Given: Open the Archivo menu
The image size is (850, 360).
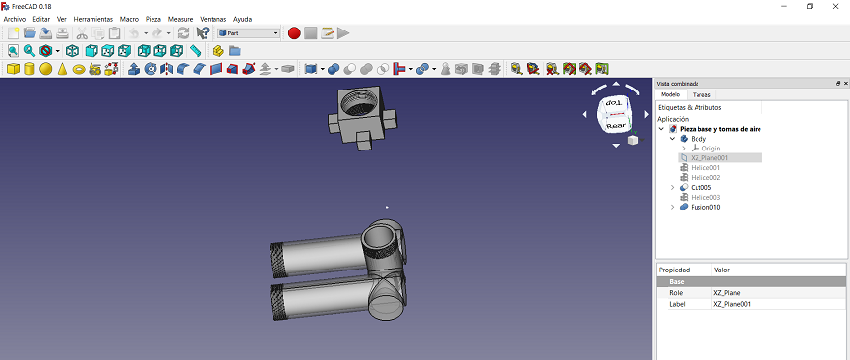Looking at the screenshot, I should coord(15,19).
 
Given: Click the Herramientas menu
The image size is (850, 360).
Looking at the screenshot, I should coord(93,19).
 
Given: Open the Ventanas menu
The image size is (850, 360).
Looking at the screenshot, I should coord(212,19).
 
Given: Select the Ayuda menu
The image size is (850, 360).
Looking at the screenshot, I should coord(243,19).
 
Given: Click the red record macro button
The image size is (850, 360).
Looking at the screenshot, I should coord(294,33).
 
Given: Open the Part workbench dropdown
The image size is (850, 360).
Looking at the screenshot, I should coord(248,33).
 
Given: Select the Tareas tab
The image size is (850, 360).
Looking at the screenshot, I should coord(701,95).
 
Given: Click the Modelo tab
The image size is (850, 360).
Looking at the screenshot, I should coord(670,95).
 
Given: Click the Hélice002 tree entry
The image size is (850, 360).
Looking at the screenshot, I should coord(705,177).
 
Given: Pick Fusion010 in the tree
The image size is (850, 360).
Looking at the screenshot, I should coord(706,207).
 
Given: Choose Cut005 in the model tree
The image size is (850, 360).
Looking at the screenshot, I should coord(700,187).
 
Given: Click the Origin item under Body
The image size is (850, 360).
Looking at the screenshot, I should coord(710,149).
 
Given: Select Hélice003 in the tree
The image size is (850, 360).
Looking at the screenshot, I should coord(705,197).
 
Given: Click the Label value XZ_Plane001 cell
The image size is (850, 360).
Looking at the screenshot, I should coord(734,304).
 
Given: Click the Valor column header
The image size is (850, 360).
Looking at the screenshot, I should coord(721,270).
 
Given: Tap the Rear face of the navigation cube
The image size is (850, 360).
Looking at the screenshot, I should coord(616,126).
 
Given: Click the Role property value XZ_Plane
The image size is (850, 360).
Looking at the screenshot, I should coord(726,293).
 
